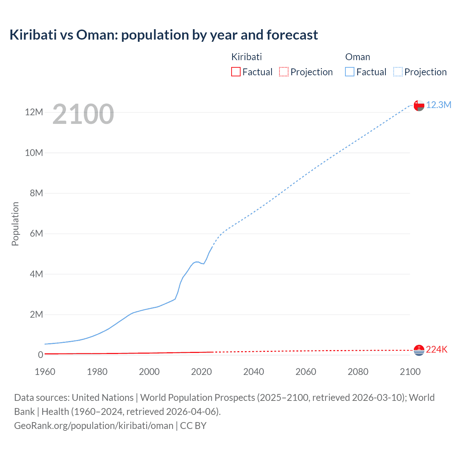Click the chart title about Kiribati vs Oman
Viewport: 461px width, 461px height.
[164, 35]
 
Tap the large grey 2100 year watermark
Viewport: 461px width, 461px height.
[83, 114]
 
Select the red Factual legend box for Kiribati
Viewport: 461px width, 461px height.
[236, 72]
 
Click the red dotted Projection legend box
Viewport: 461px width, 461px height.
[284, 72]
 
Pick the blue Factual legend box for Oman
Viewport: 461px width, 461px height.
[350, 72]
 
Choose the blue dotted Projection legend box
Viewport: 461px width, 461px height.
[398, 72]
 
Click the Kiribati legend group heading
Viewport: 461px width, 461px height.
[246, 57]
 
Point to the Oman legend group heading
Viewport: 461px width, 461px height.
[357, 57]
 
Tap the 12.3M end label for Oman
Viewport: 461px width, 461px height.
[438, 105]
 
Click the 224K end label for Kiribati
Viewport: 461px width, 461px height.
[437, 350]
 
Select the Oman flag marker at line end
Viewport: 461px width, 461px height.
[419, 105]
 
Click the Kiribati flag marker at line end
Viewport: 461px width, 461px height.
[419, 350]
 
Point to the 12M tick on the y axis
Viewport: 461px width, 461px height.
[34, 112]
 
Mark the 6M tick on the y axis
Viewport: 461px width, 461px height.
[36, 234]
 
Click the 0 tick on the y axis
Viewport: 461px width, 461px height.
[40, 355]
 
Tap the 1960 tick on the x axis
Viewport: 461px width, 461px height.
[45, 372]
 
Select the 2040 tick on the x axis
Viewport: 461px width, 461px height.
[254, 372]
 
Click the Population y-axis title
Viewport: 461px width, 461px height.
[15, 224]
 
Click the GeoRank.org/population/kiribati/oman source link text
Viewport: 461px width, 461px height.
[94, 426]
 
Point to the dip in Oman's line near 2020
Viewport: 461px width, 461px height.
[203, 264]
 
